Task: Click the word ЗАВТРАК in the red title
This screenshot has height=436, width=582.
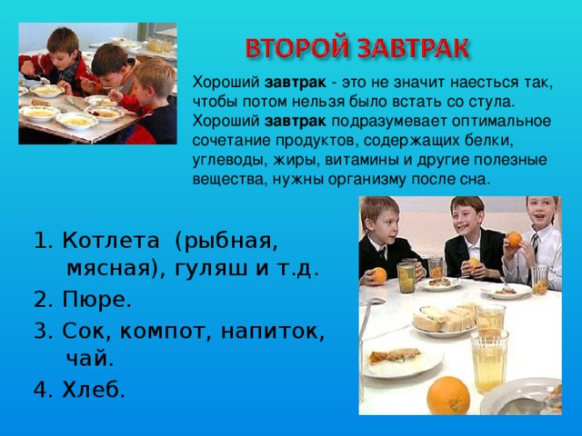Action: [407, 46]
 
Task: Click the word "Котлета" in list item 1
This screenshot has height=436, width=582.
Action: [109, 242]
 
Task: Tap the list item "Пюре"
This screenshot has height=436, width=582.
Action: [98, 300]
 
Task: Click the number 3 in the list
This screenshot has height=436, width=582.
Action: [40, 330]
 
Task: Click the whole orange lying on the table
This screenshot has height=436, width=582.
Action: [447, 395]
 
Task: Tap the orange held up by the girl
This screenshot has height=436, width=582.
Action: [514, 240]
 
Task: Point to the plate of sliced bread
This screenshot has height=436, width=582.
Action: [446, 317]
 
